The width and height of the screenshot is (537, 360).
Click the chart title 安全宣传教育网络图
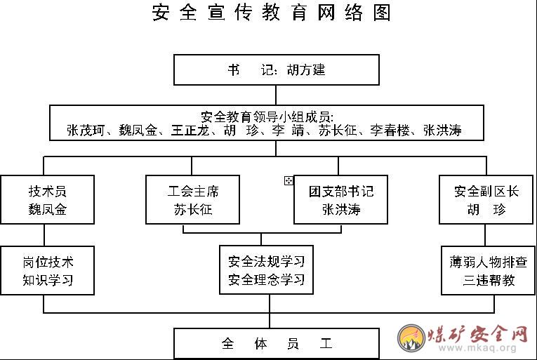pos(271,13)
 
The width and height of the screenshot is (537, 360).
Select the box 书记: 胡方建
pos(277,70)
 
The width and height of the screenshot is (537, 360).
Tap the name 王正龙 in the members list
pos(190,131)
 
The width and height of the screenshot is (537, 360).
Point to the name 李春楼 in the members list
pos(390,131)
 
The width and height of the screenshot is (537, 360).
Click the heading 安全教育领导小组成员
pos(266,116)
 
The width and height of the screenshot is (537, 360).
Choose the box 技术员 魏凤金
pos(47,200)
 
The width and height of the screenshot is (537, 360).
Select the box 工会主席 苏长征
pos(192,200)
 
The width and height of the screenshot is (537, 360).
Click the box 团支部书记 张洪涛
pos(340,200)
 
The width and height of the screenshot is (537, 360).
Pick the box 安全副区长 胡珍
pos(486,200)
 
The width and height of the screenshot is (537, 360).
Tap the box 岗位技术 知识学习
pos(47,271)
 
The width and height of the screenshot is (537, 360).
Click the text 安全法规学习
pos(267,262)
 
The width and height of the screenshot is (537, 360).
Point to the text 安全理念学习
pos(267,279)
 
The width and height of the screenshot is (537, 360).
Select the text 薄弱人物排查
pos(489,262)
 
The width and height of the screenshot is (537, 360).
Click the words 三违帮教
pos(489,280)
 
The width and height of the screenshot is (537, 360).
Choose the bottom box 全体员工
pos(277,344)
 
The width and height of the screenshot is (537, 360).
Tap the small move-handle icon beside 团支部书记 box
pos(289,180)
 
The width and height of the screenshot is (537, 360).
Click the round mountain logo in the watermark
pos(411,338)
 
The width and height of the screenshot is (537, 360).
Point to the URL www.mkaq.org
pos(477,348)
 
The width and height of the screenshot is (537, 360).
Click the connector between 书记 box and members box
pos(276,95)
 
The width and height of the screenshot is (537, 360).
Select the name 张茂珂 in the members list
pos(86,131)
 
